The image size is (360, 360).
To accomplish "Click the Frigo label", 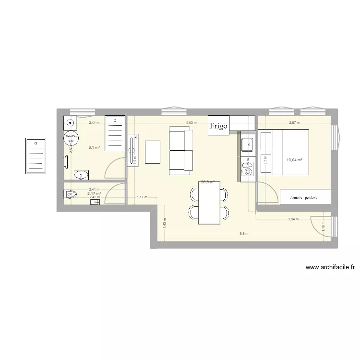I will (x=218, y=126).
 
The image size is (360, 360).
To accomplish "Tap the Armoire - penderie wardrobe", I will (x=306, y=197).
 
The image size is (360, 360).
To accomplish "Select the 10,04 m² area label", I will (x=294, y=160).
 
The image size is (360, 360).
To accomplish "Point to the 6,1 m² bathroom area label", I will (x=94, y=148).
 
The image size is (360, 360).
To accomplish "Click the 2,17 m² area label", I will (x=94, y=193).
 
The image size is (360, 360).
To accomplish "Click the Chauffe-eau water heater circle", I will (x=71, y=138).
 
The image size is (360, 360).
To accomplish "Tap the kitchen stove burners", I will (x=248, y=169).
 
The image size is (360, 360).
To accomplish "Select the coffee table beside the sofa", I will (x=153, y=152).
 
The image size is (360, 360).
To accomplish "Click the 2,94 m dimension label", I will (x=293, y=219).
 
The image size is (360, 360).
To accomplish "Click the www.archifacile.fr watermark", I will (x=330, y=268).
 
